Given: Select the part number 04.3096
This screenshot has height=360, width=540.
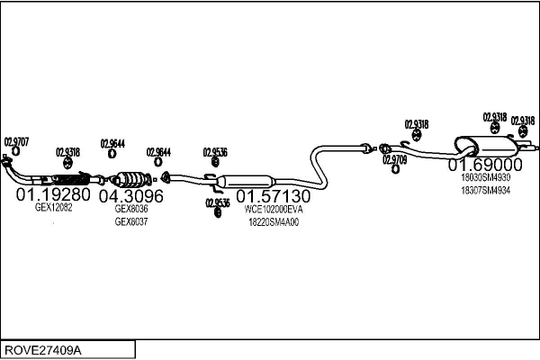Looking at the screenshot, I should pyautogui.click(x=130, y=195).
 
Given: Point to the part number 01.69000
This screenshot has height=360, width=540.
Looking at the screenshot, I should pyautogui.click(x=486, y=165).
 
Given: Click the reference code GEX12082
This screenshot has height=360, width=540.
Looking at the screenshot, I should pyautogui.click(x=53, y=207).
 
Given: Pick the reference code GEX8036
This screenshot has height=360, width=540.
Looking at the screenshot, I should pyautogui.click(x=130, y=208).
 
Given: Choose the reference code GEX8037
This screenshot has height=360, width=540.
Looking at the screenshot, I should pyautogui.click(x=130, y=221).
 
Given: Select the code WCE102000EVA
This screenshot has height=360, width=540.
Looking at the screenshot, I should pyautogui.click(x=274, y=209).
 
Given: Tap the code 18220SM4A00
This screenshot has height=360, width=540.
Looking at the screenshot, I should pyautogui.click(x=274, y=222).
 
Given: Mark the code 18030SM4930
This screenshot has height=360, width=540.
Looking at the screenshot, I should pyautogui.click(x=485, y=177).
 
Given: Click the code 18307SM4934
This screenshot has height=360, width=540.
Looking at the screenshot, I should pyautogui.click(x=485, y=190).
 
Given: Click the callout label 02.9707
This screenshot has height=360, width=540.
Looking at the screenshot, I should pyautogui.click(x=16, y=141).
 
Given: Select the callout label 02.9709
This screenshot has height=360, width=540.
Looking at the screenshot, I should pyautogui.click(x=394, y=159).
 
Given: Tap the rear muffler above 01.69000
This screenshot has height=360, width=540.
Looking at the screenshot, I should pyautogui.click(x=481, y=145).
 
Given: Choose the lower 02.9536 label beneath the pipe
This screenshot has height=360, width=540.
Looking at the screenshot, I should pyautogui.click(x=217, y=202).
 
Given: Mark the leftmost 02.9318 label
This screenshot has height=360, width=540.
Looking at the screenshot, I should pyautogui.click(x=67, y=151).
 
